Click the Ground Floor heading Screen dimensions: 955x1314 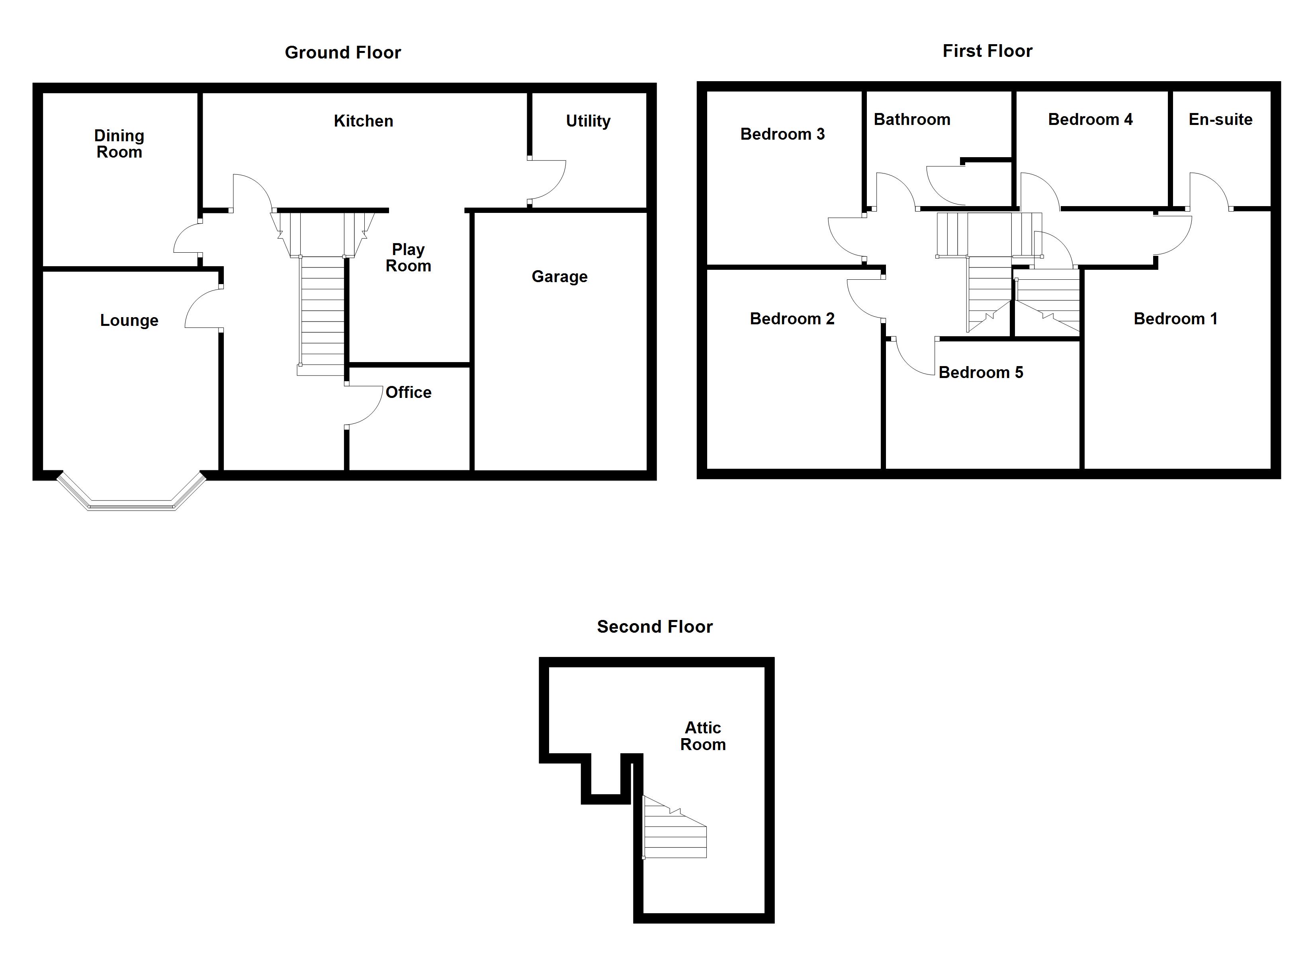342,53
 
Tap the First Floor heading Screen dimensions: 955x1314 987,51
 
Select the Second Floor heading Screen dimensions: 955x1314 654,627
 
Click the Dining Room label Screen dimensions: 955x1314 119,144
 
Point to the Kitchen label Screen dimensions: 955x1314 363,121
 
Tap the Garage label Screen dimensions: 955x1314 559,277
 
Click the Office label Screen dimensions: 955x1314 409,393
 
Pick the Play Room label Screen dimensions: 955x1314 409,258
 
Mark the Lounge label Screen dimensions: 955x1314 129,320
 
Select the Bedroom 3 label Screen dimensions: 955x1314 782,134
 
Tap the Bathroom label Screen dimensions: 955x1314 911,120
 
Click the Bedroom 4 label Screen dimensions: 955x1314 1090,120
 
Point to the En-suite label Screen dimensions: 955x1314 1220,120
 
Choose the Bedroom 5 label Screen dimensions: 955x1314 980,372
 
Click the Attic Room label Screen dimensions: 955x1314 703,736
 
